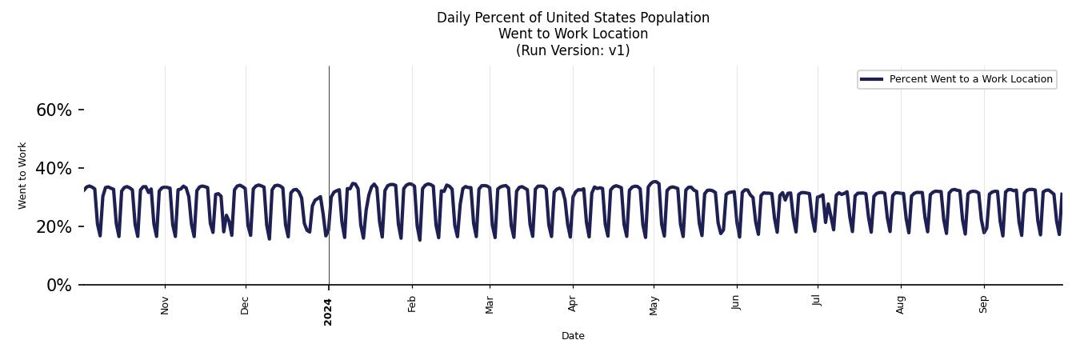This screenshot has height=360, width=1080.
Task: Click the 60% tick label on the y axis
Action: pos(54,110)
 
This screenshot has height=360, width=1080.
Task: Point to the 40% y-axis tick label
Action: pos(54,169)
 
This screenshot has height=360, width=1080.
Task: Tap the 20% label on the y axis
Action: pos(54,227)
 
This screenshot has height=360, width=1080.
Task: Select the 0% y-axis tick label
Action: pos(58,286)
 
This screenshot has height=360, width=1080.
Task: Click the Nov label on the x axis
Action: pos(165,305)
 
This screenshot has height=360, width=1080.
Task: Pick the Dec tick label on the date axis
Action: pos(246,305)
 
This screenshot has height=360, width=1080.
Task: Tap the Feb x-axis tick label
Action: pos(412,304)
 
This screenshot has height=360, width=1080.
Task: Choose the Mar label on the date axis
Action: pos(490,305)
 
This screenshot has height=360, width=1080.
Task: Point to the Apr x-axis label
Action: pos(573,304)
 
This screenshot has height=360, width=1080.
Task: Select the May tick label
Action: pos(654,306)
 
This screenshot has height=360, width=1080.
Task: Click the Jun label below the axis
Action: pos(737,304)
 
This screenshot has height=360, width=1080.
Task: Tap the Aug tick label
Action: pos(901,305)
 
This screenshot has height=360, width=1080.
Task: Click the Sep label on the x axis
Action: pos(984,305)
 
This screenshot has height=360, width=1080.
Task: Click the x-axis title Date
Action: pos(573,336)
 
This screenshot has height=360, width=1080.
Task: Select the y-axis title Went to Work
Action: pos(22,176)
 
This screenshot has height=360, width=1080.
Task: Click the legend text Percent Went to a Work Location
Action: pos(970,79)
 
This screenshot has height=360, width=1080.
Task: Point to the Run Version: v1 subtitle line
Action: pos(573,50)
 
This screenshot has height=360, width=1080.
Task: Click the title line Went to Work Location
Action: pos(573,34)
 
